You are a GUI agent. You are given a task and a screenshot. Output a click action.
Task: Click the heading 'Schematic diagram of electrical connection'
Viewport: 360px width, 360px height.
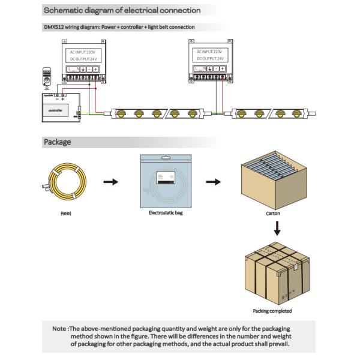point(122,10)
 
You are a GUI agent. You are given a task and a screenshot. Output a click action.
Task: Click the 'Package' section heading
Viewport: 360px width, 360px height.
point(57,142)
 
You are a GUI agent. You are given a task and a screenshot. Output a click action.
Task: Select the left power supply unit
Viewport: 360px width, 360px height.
point(83,62)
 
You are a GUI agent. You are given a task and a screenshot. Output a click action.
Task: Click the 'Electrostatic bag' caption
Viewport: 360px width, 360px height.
point(165,212)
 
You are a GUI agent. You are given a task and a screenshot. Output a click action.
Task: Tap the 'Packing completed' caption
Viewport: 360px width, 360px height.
point(272,311)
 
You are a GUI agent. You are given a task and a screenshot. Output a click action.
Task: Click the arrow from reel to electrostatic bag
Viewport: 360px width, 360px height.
point(110,182)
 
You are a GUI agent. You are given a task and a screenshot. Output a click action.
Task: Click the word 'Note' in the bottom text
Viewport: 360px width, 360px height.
point(59,329)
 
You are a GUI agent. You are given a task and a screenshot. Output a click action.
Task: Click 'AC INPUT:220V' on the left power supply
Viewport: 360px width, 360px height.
point(83,52)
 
